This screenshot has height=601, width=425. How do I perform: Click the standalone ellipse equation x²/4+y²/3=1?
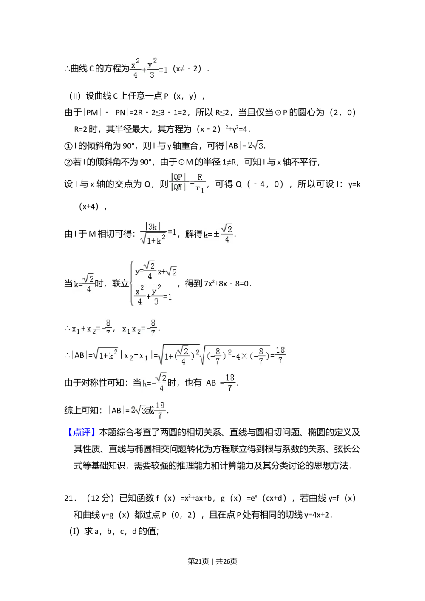coord(149,68)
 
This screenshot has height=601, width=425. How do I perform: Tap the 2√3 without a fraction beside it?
coord(255,146)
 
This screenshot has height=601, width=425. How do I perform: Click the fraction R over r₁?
coord(200,183)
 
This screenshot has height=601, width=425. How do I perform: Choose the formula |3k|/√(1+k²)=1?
coord(159,234)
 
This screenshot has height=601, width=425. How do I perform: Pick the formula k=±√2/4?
coord(218,233)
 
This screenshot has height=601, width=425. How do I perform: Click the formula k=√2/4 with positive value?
coord(84,284)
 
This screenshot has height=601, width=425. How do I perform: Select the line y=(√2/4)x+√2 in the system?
coord(156,271)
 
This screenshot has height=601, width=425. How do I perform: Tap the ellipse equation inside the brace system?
coord(154,295)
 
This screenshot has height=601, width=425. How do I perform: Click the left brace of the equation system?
coord(130,283)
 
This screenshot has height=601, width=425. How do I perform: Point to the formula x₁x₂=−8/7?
coord(139,328)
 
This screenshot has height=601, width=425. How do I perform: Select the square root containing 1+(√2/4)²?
coord(178,355)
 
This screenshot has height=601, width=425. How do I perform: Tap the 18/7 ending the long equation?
coord(280,355)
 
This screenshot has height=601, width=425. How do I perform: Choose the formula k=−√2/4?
coord(155,383)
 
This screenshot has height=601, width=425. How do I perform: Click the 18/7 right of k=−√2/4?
coord(229,383)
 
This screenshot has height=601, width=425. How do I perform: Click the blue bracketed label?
coord(82,432)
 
